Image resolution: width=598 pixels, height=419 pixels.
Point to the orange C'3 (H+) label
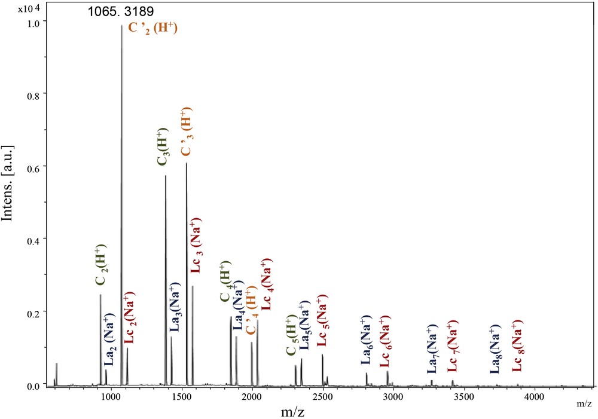point(187,131)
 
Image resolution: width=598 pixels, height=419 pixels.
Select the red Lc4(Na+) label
point(267,284)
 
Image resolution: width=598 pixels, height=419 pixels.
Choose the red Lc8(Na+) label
point(518,346)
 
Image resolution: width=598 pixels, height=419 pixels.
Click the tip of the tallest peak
point(121,25)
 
